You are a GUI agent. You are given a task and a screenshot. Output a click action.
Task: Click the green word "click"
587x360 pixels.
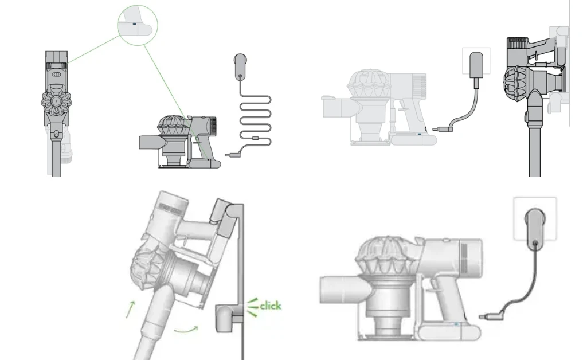coord(271,306)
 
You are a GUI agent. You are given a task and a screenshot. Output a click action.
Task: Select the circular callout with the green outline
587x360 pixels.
coord(138,25)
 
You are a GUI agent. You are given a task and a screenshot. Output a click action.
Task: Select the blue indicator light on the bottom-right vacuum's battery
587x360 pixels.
coord(456,325)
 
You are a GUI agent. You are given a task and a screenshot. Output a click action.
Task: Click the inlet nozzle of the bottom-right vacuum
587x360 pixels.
coord(338,292)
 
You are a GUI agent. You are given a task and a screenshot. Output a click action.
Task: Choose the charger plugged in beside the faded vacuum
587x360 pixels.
coord(476,64)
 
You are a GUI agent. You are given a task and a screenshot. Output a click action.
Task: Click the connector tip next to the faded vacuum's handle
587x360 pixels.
coord(439,130)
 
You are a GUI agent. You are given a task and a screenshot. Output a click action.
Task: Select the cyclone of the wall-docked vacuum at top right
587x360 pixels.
coord(518,81)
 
